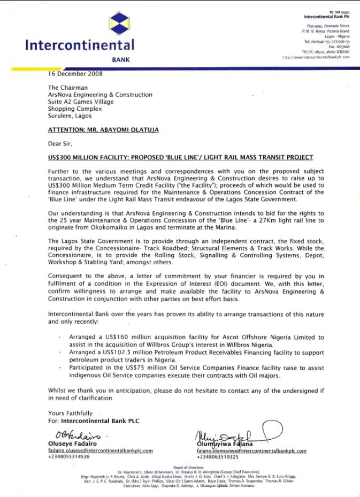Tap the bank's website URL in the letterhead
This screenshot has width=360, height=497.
[x=316, y=57]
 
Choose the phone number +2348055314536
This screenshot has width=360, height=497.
[x=69, y=457]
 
